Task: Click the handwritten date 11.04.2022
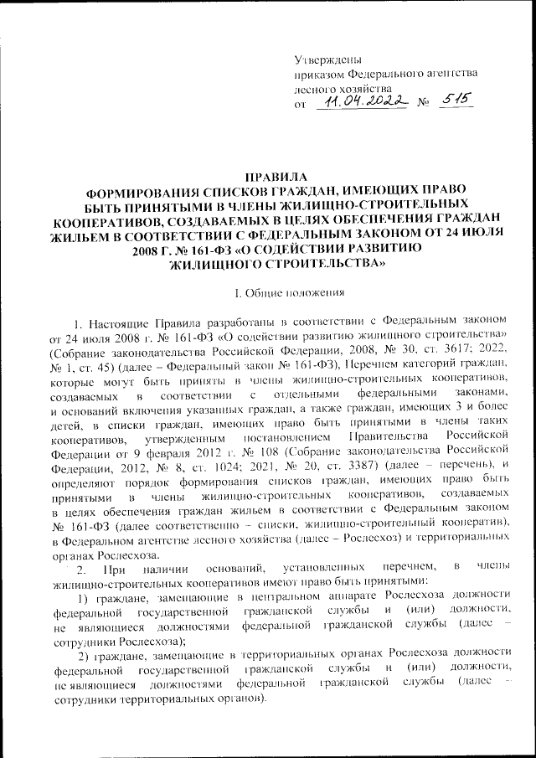[361, 101]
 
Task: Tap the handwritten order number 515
[456, 100]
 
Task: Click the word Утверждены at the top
[328, 58]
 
